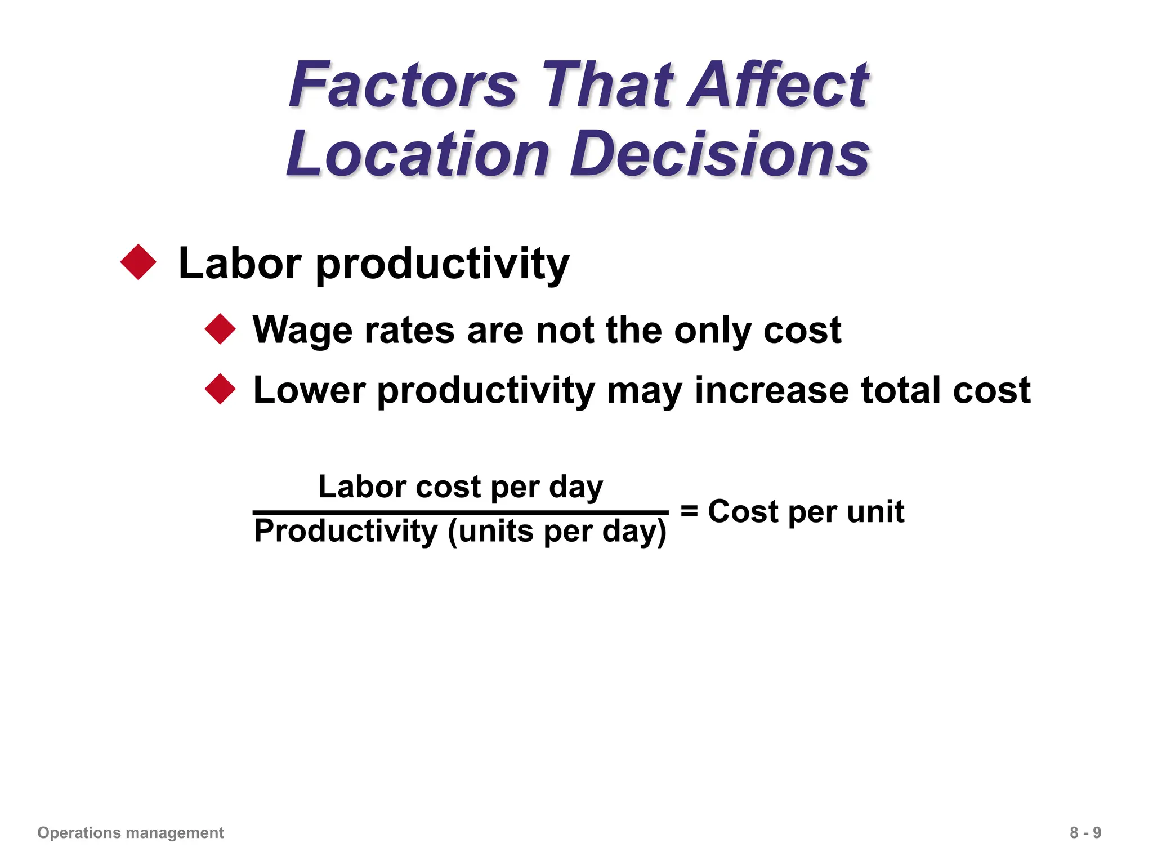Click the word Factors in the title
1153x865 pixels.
click(x=403, y=86)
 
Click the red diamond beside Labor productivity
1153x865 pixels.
click(x=138, y=262)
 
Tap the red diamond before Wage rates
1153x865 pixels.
click(x=220, y=329)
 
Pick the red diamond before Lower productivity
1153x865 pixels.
click(x=220, y=389)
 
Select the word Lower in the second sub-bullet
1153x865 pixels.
click(x=309, y=390)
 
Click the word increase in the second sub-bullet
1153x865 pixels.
click(x=771, y=390)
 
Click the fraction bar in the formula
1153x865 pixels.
click(x=461, y=512)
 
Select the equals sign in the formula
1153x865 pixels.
click(x=689, y=511)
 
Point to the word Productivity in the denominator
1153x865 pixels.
click(x=346, y=532)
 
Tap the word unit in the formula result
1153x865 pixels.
click(x=875, y=511)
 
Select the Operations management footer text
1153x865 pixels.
click(x=131, y=832)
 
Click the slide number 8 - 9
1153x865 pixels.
click(x=1085, y=832)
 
